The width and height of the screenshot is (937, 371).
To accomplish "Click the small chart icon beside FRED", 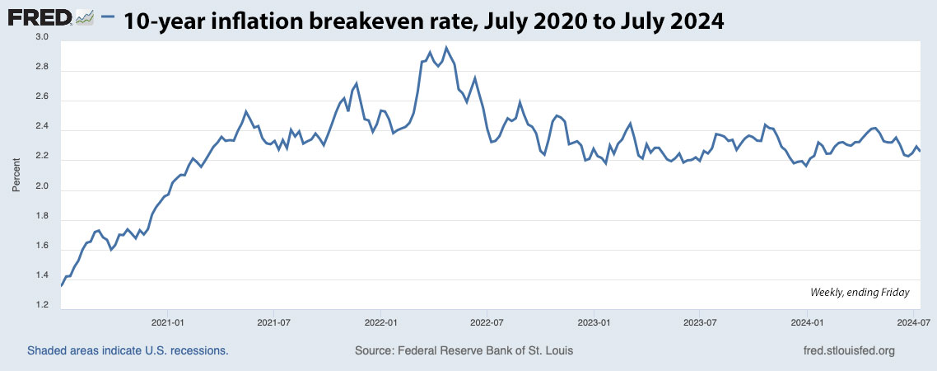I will coord(85,16).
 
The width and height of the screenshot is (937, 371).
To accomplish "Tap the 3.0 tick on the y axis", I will coord(41,38).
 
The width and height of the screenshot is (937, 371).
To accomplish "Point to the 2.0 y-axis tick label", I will coord(41,187).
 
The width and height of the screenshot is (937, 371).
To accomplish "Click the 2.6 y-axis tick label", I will coord(41,97).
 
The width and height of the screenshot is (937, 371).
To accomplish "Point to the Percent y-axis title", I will coord(16,173).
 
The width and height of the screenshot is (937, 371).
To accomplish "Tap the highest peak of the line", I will coord(446,47).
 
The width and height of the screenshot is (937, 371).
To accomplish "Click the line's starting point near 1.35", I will coord(62,285).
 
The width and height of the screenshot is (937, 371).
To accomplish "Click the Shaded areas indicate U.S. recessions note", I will coord(128,350).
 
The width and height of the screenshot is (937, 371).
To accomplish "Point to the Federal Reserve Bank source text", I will coord(464,350).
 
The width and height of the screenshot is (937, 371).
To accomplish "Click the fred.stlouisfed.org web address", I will coord(848,350).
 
